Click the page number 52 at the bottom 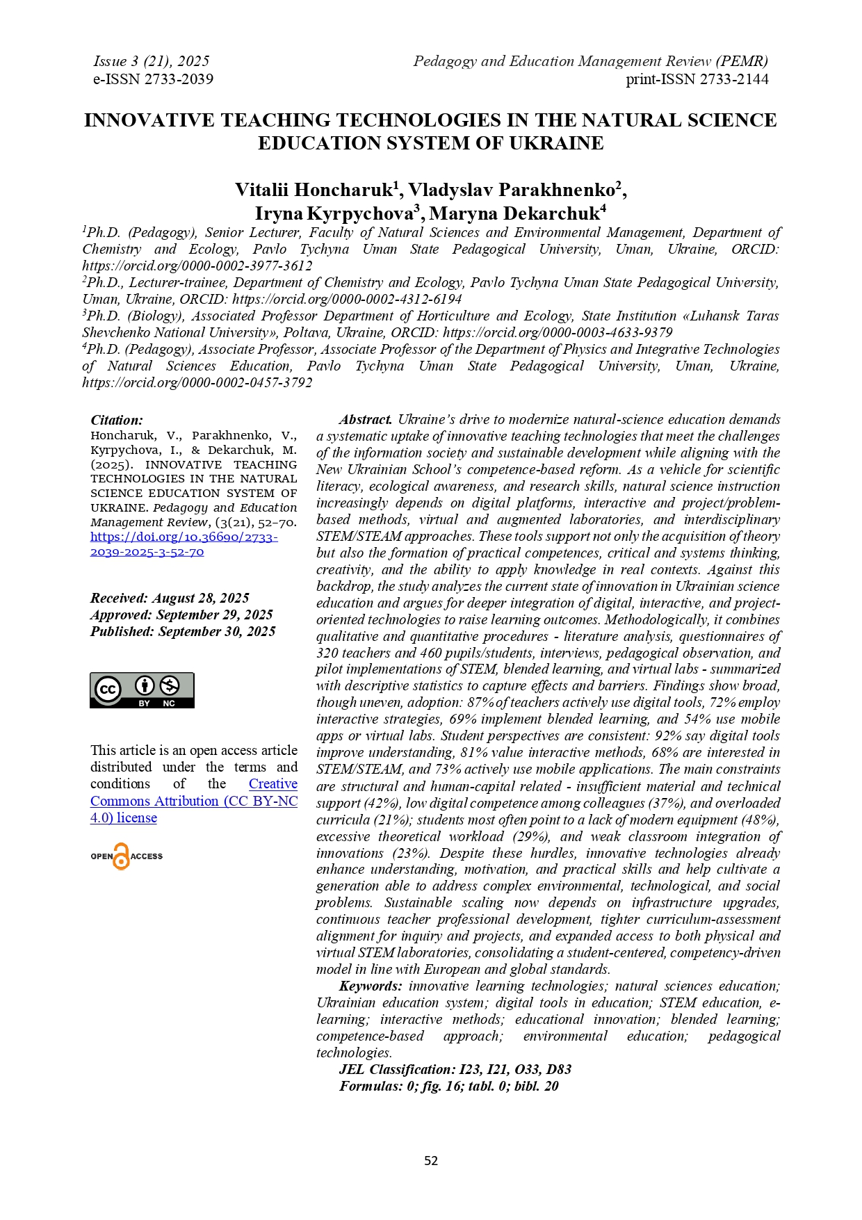[431, 1160]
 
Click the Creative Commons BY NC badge [142, 690]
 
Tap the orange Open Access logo [126, 856]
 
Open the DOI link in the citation [184, 544]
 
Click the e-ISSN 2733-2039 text [153, 79]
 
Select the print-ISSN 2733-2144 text [697, 79]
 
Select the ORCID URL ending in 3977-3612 [197, 266]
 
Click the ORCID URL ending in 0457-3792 [197, 383]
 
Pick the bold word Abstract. [366, 420]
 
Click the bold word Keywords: [370, 986]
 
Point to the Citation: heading [117, 420]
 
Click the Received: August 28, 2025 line [170, 598]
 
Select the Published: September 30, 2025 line [183, 631]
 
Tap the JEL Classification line [455, 1070]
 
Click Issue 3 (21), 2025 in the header [151, 61]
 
